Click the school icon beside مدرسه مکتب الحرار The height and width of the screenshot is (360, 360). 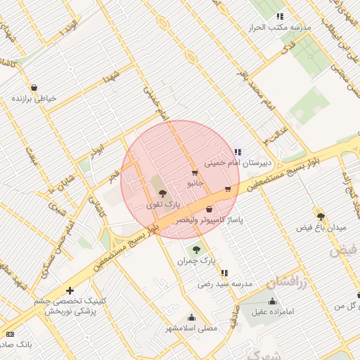point(280,16)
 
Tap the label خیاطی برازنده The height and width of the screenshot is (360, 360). point(34,98)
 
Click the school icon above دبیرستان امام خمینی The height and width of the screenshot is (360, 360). point(237,151)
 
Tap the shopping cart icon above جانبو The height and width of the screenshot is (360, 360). point(195,172)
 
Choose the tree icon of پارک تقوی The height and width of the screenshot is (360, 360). point(163,193)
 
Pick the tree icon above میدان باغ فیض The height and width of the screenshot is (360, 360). point(321,217)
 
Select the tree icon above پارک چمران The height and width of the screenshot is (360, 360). point(195,250)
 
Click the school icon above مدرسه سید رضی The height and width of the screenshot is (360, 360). point(224,273)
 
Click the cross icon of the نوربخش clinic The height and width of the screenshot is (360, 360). point(70,290)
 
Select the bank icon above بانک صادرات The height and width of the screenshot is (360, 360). point(10,334)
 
